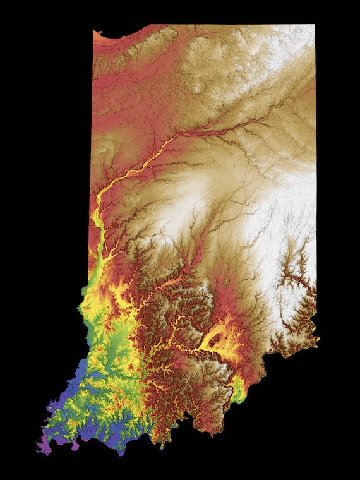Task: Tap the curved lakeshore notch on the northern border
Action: [x=117, y=33]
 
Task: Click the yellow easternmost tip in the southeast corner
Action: [x=318, y=339]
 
